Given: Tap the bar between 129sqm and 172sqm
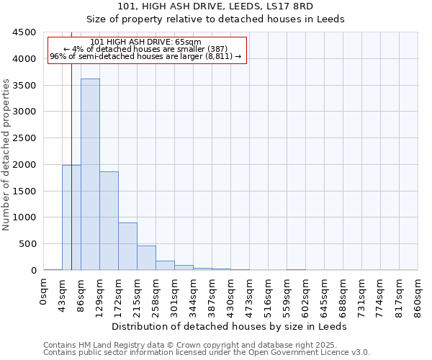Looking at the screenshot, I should point(109,220).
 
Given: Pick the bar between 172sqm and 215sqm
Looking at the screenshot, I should point(127,246).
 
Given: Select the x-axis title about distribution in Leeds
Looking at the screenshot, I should point(230,326).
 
